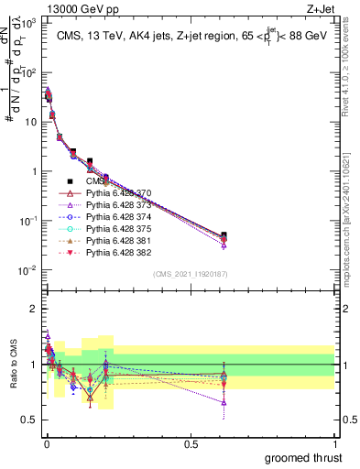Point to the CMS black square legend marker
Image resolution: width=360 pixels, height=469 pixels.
pos(70,182)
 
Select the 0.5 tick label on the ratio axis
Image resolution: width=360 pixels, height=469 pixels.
pos(27,420)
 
